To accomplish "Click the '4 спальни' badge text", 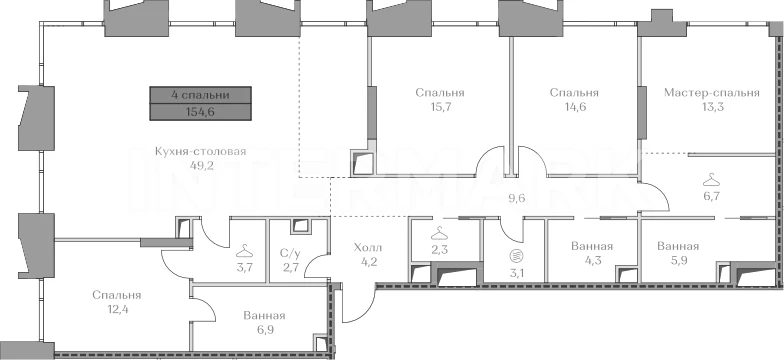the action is click(200, 95).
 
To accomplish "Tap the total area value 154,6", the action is click(200, 112).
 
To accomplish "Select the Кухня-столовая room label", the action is click(200, 152).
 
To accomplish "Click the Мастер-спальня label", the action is click(712, 92).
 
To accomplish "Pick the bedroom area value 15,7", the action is click(440, 106).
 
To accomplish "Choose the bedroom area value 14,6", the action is click(574, 106).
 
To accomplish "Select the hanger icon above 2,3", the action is click(438, 233).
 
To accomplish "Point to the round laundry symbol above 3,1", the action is click(515, 256).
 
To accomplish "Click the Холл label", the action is click(368, 248).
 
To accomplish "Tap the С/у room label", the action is click(290, 253).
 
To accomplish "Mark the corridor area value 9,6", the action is click(518, 198).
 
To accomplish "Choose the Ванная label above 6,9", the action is click(264, 316).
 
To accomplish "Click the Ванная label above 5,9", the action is click(678, 246).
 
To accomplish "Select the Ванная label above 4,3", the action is click(592, 246).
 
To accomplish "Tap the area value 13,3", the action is click(712, 106).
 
